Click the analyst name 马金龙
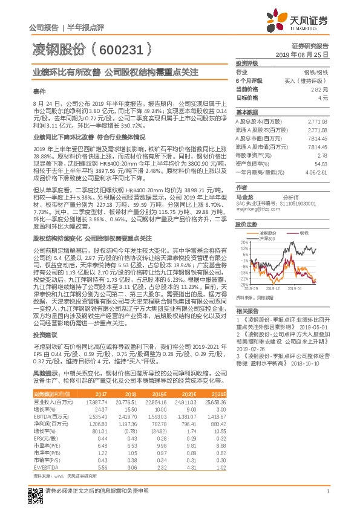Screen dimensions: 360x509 [x=245, y=196]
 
